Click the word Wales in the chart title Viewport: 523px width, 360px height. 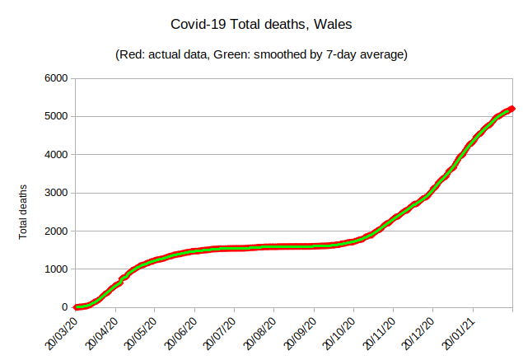tap(334, 26)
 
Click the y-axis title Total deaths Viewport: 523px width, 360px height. tap(24, 212)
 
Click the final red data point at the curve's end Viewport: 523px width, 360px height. tap(511, 108)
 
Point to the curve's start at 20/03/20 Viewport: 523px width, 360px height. tap(77, 307)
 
